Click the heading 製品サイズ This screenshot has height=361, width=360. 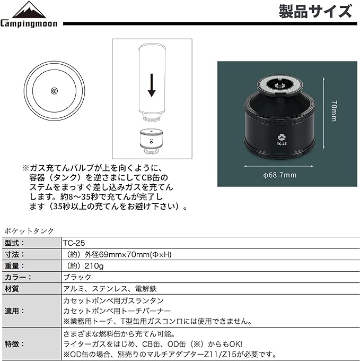tap(314, 11)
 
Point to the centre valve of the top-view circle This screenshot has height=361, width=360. tap(54, 91)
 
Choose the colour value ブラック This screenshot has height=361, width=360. tap(77, 277)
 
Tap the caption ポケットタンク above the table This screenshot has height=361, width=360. tap(29, 230)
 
